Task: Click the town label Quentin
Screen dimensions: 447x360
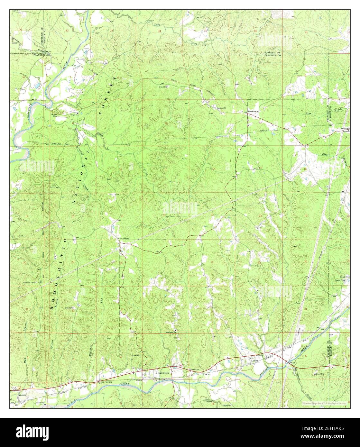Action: click(x=23, y=395)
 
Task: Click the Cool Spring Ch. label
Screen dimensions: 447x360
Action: click(x=124, y=239)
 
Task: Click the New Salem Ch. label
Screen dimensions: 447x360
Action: click(x=172, y=333)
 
